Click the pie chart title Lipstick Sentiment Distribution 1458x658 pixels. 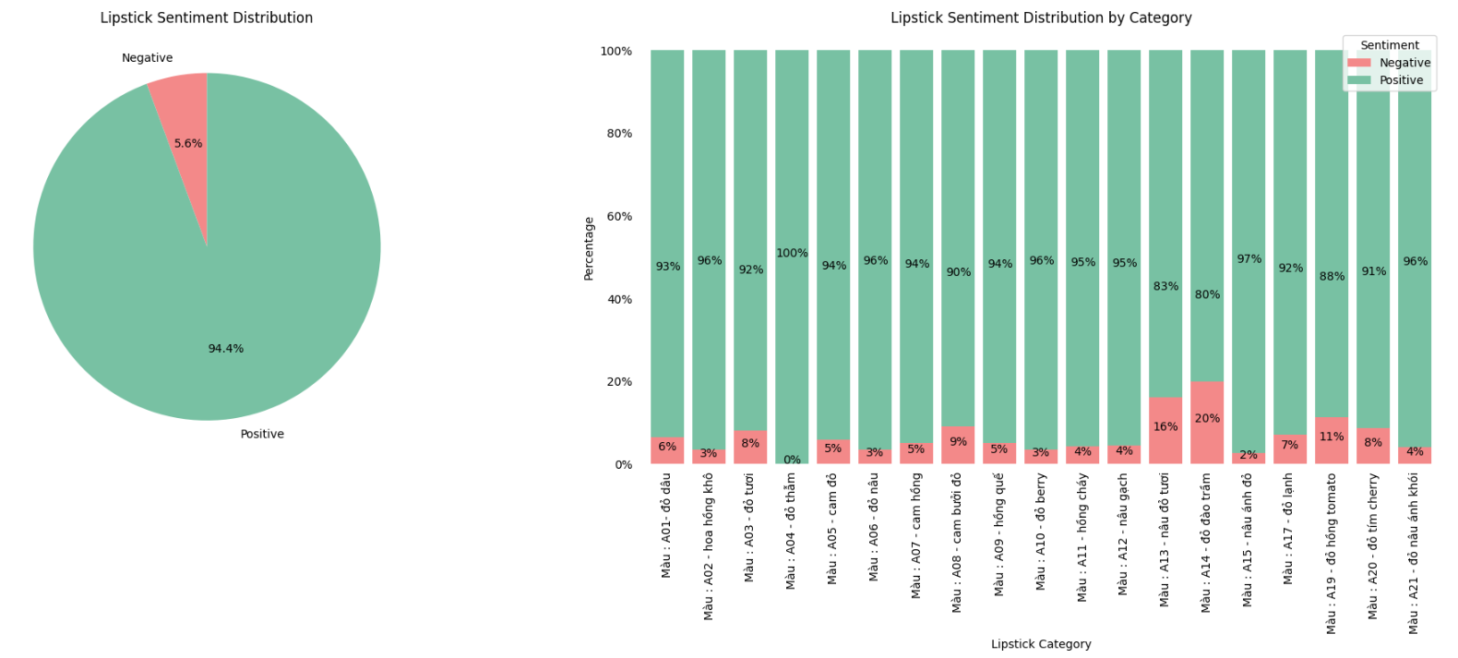click(x=206, y=18)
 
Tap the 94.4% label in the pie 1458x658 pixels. click(x=225, y=349)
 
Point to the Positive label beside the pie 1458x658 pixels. click(x=262, y=434)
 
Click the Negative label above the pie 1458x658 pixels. click(x=147, y=57)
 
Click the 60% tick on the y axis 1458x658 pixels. click(x=618, y=216)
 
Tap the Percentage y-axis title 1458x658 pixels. click(x=589, y=248)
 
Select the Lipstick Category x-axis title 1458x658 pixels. click(x=1041, y=644)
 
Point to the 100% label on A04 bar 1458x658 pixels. click(x=792, y=253)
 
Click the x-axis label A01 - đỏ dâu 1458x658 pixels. click(x=666, y=526)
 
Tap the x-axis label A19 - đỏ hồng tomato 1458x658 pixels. click(x=1331, y=554)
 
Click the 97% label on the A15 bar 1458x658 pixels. click(x=1249, y=259)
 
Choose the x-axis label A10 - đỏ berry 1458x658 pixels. click(x=1041, y=532)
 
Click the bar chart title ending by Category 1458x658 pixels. click(x=1040, y=18)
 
